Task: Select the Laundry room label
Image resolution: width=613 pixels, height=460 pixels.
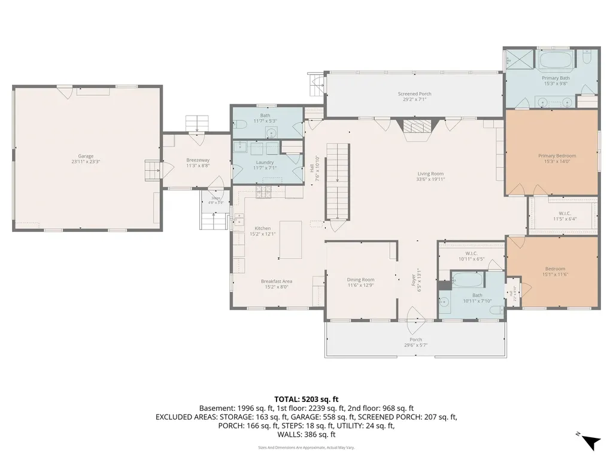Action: (x=265, y=162)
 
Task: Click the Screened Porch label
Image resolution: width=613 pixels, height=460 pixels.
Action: (x=414, y=94)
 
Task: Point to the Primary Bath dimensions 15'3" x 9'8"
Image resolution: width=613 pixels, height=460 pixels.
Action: (x=556, y=84)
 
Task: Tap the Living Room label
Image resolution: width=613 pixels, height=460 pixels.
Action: (x=430, y=174)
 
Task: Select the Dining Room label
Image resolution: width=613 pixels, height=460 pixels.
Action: (x=360, y=280)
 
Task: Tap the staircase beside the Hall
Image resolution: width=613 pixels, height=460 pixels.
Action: (x=336, y=180)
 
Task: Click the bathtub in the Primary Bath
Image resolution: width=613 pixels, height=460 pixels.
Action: (x=556, y=60)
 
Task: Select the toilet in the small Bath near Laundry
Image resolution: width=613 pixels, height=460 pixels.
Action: (x=241, y=125)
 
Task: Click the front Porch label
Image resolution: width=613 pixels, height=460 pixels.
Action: (x=415, y=340)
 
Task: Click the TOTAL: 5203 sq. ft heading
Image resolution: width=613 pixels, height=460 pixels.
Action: (x=306, y=398)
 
